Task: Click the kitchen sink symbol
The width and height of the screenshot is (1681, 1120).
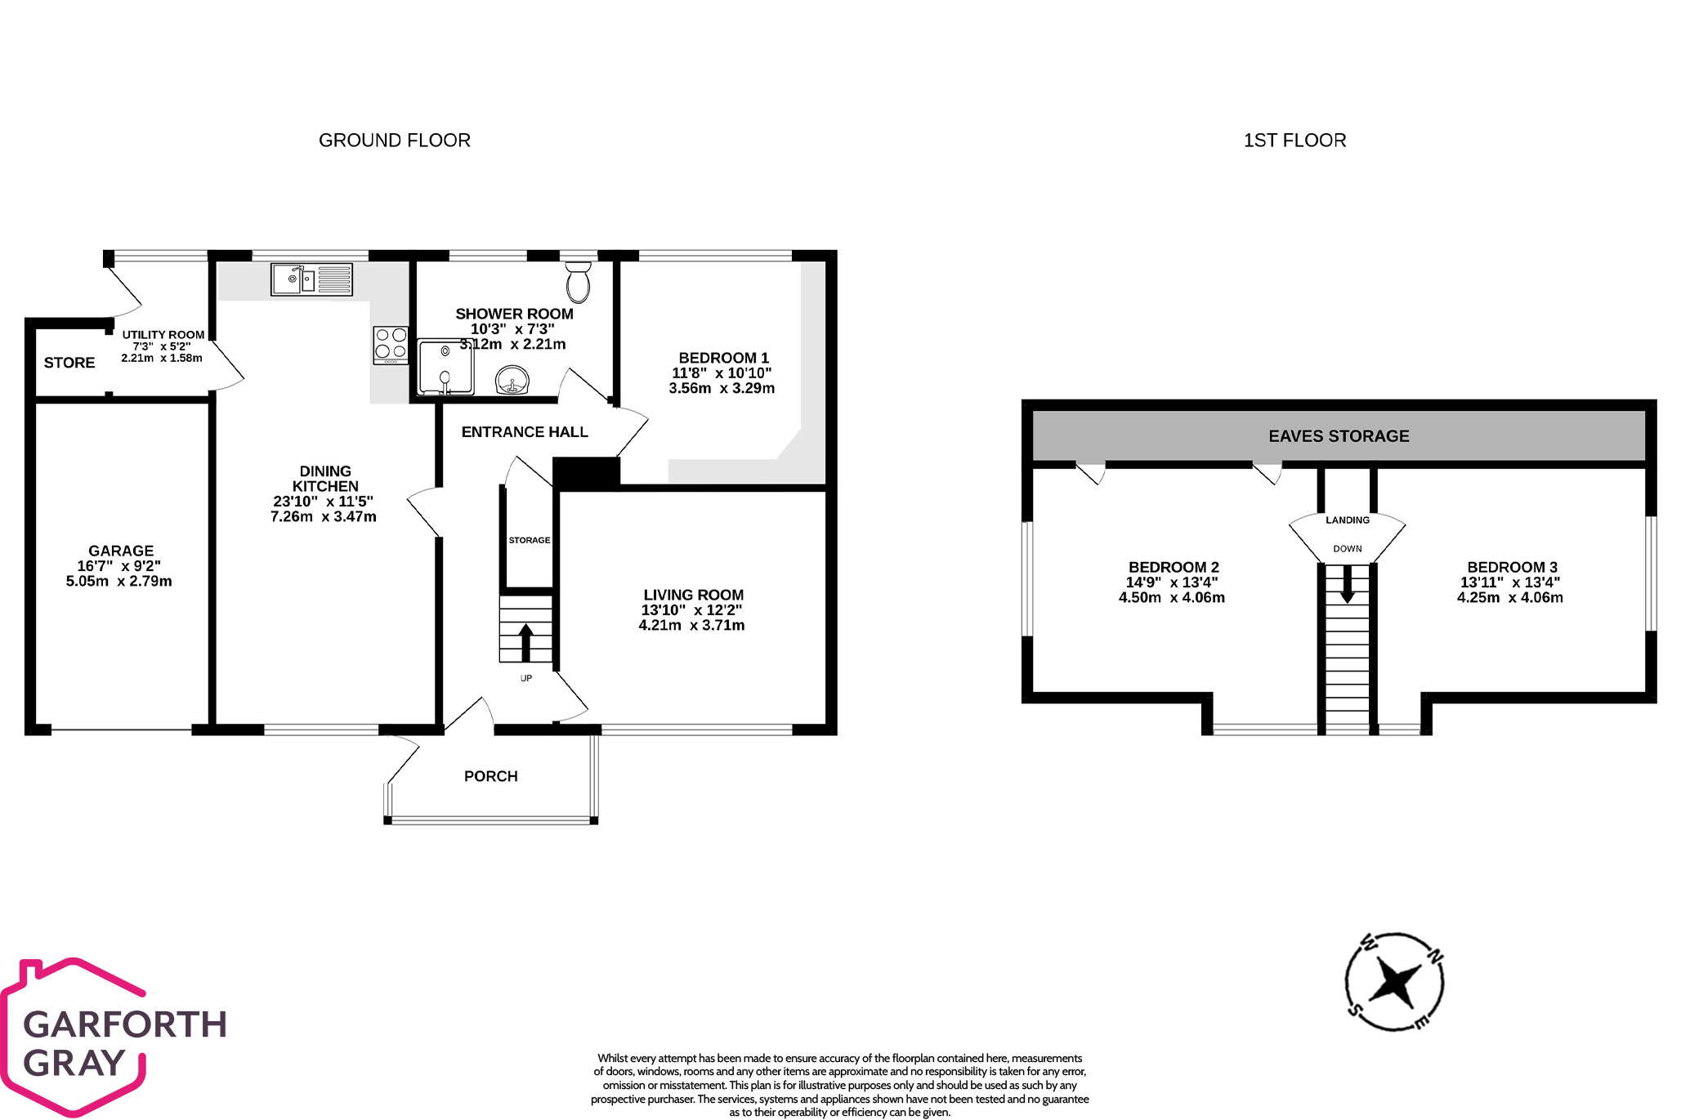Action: click(311, 279)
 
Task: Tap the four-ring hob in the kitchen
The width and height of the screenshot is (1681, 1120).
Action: click(391, 345)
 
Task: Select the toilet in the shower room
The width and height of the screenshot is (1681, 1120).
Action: click(578, 282)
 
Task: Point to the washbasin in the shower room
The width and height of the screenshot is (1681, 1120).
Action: click(512, 381)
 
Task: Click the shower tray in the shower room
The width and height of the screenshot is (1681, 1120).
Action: click(445, 367)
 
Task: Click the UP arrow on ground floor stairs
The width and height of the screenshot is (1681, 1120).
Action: click(525, 642)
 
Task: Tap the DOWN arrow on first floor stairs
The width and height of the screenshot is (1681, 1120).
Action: click(1347, 584)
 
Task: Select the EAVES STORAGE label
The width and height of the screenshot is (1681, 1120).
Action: click(1339, 436)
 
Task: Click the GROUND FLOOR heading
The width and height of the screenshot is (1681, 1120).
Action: click(395, 141)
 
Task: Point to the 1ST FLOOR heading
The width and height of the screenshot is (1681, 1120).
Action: click(1294, 141)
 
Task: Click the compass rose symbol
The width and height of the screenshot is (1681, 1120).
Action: click(1394, 982)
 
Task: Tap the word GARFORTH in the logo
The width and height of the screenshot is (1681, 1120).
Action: click(125, 1024)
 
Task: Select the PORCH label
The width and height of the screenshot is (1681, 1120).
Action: click(490, 776)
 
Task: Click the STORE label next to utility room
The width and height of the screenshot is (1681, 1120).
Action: click(69, 363)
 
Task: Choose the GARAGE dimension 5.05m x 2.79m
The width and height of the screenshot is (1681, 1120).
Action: click(119, 582)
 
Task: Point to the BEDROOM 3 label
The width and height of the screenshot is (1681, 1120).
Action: click(1512, 567)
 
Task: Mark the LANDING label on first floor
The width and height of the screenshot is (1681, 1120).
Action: click(1348, 520)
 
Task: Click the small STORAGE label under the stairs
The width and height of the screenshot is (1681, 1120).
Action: click(530, 540)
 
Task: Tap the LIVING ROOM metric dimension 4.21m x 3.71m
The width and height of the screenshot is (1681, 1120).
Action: click(691, 626)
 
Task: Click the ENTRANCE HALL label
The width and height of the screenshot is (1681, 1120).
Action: click(525, 432)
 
